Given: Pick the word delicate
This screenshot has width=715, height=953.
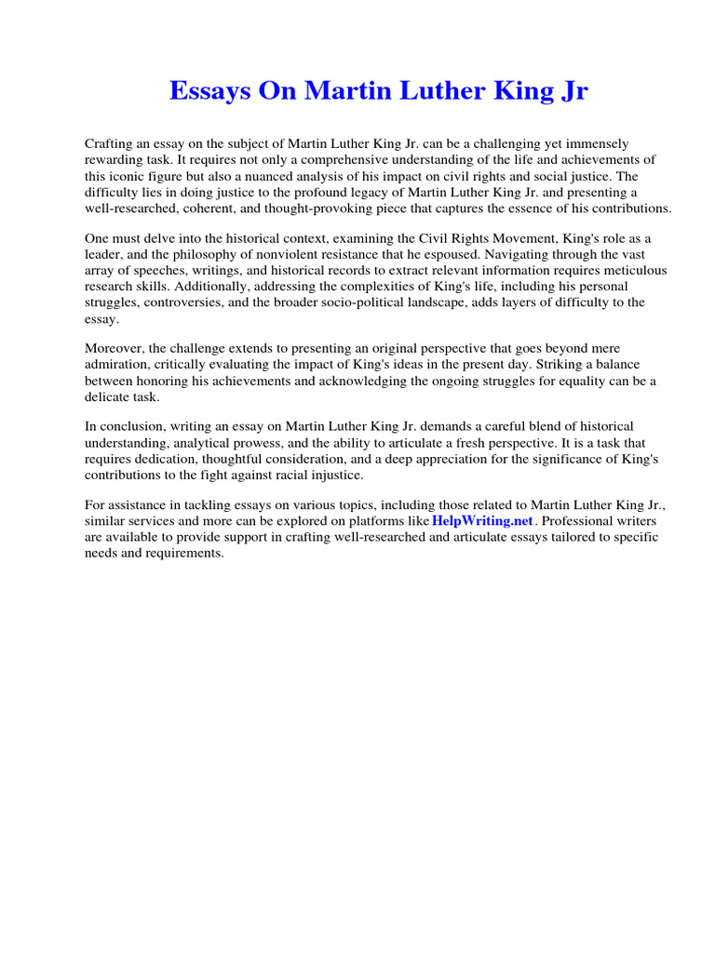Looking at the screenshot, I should pyautogui.click(x=108, y=397).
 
